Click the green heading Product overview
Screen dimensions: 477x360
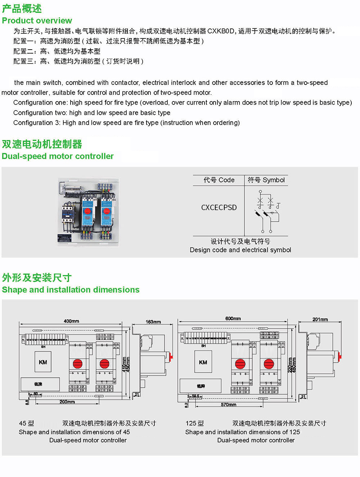(37, 21)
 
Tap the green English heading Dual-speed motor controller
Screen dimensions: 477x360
(58, 156)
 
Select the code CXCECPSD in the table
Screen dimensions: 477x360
(219, 208)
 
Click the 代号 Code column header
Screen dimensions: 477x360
(219, 180)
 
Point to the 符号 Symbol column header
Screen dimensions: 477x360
(266, 180)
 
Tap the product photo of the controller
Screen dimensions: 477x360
(89, 212)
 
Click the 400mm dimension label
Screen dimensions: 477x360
(71, 321)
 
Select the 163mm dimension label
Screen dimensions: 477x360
(153, 322)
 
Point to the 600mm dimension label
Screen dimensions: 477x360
(233, 318)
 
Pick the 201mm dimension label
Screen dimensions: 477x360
(320, 319)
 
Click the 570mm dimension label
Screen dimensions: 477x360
(229, 405)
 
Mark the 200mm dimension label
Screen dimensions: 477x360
(67, 402)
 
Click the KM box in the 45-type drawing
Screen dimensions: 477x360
(43, 362)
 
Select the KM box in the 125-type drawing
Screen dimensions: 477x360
(203, 362)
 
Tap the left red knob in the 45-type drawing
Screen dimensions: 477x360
(78, 364)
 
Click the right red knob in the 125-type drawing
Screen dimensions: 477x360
(269, 364)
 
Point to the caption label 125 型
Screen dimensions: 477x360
(195, 423)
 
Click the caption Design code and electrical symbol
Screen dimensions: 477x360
(240, 250)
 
